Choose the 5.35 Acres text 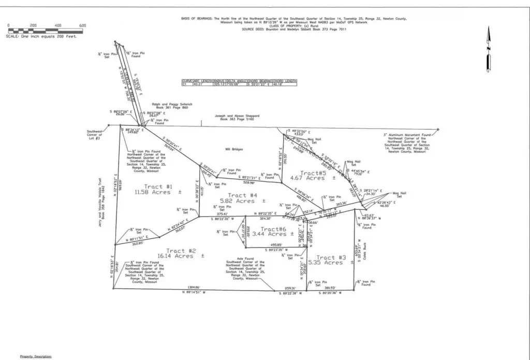(x=325, y=263)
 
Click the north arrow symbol (x=487, y=49)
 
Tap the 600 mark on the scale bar (x=82, y=25)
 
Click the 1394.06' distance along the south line (x=193, y=288)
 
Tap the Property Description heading (x=36, y=356)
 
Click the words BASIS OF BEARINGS (x=196, y=19)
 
